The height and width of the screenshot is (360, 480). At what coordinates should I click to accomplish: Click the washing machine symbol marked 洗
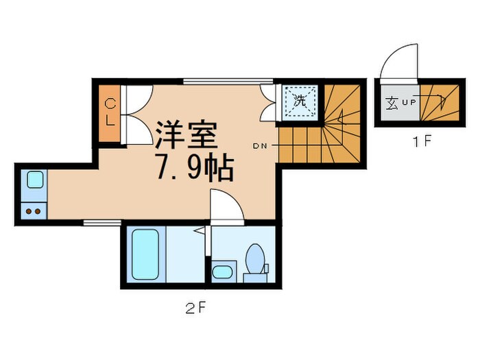click(x=299, y=101)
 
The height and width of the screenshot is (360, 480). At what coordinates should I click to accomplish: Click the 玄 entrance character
click(x=392, y=104)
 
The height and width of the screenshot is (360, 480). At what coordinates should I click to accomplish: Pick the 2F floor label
click(x=195, y=307)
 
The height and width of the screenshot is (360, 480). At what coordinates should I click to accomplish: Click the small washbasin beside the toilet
click(x=221, y=272)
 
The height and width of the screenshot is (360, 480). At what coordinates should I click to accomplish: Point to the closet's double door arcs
click(x=137, y=113)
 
